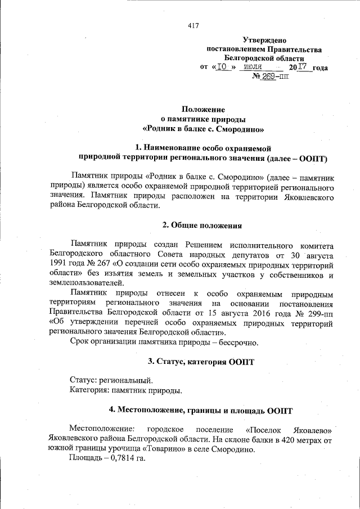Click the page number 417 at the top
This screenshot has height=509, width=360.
pos(193,25)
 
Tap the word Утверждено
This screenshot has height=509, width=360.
pos(264,40)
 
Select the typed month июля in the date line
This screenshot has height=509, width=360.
pos(251,67)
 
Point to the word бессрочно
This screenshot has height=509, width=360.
pos(236,342)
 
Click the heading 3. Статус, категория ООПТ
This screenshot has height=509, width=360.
pos(201,361)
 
